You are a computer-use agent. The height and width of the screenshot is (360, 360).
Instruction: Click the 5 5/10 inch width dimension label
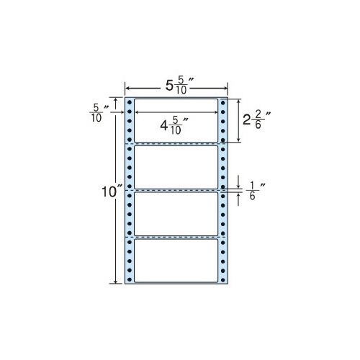click(x=180, y=86)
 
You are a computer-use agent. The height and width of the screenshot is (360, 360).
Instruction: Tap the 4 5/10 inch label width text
click(x=174, y=125)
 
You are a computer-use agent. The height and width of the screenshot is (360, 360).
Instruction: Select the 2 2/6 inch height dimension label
click(x=257, y=120)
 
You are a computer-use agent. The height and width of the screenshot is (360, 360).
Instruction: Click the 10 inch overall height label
click(x=112, y=192)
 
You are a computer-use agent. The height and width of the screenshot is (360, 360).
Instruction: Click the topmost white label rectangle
click(x=176, y=120)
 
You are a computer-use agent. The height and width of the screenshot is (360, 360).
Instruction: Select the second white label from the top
click(x=176, y=167)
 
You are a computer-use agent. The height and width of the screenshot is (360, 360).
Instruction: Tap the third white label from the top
click(x=176, y=214)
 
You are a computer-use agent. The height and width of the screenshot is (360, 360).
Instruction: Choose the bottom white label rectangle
click(x=176, y=261)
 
